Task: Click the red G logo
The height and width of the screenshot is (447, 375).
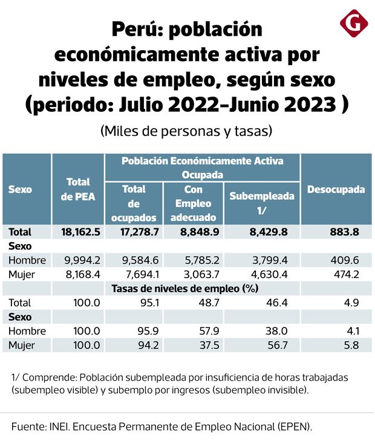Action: (354, 24)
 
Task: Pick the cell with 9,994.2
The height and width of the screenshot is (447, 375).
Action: (83, 260)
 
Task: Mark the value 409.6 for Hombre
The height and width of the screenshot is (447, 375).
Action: (348, 260)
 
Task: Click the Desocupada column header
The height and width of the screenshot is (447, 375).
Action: (336, 190)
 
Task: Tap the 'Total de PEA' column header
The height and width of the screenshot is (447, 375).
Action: (78, 190)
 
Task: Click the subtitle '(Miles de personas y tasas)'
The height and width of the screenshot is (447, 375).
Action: (187, 130)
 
